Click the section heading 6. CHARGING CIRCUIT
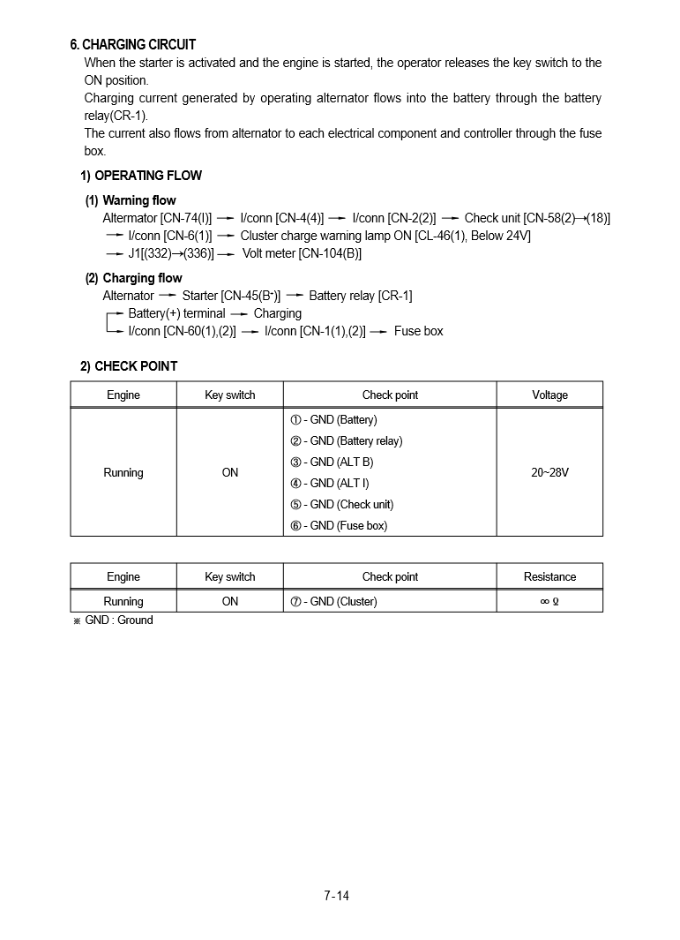tap(133, 44)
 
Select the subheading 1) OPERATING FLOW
tap(141, 176)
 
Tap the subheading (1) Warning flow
tap(131, 200)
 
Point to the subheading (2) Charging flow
tap(133, 278)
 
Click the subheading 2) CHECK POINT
tap(129, 366)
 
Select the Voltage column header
tap(549, 395)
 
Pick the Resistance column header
tap(549, 577)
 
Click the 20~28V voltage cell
tap(549, 473)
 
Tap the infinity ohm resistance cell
tap(549, 602)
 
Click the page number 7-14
tap(337, 896)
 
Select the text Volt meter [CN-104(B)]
tap(302, 254)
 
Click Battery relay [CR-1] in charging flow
tap(360, 296)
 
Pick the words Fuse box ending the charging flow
tap(418, 332)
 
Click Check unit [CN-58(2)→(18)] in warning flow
tap(537, 218)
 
